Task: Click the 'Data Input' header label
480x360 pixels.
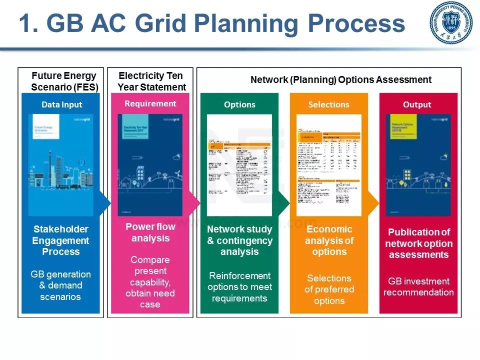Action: click(x=61, y=104)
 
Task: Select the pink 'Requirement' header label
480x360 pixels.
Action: click(x=150, y=103)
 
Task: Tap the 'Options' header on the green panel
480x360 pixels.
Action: click(x=239, y=104)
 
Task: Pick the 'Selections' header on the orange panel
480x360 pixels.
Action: click(x=328, y=104)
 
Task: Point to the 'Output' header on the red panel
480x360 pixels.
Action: click(x=417, y=104)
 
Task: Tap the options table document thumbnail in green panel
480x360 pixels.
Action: click(x=239, y=155)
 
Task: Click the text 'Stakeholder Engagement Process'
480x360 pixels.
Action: click(x=61, y=240)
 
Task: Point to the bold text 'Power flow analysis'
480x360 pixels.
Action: click(x=150, y=232)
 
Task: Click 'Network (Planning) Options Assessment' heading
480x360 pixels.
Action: click(x=340, y=79)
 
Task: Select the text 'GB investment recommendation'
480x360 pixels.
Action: click(x=418, y=286)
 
